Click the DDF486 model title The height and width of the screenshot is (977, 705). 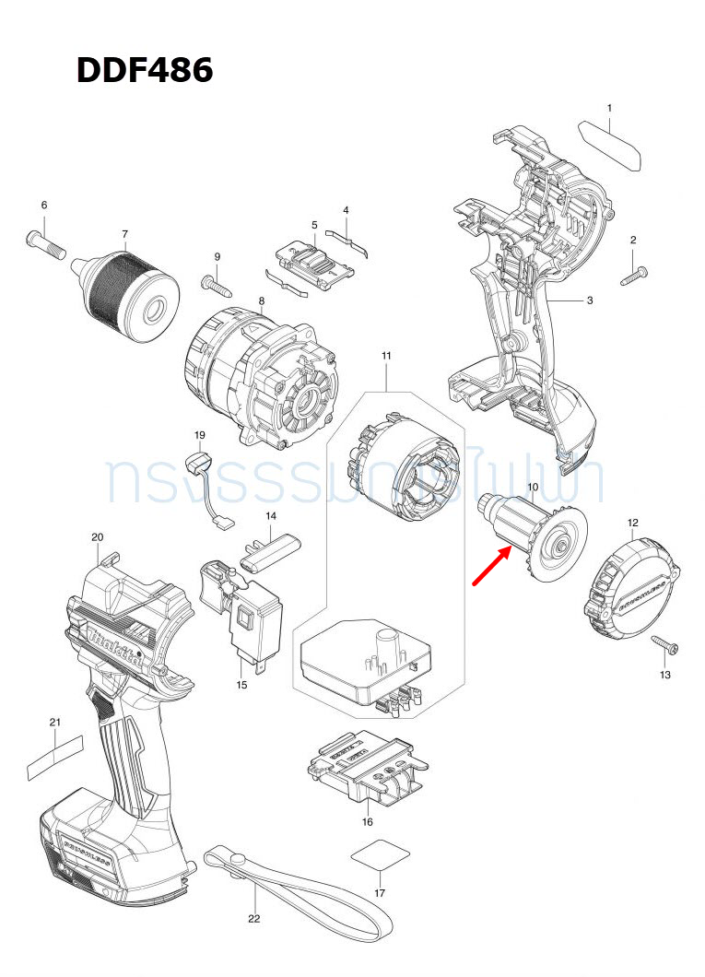pyautogui.click(x=145, y=70)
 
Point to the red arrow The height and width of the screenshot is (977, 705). pyautogui.click(x=493, y=564)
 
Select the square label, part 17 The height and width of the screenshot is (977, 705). pyautogui.click(x=379, y=855)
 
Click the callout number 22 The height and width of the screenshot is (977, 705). pyautogui.click(x=253, y=919)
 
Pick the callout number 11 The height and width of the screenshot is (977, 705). pyautogui.click(x=386, y=356)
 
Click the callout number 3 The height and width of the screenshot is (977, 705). pyautogui.click(x=589, y=300)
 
